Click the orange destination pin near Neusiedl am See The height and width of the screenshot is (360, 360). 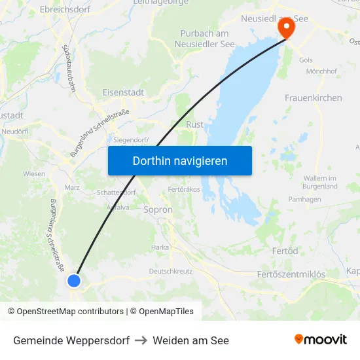click(286, 27)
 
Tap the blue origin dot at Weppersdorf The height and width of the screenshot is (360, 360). click(74, 281)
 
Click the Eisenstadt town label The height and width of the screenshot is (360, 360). click(123, 93)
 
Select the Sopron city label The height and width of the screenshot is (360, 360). click(158, 210)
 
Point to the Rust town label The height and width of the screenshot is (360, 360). click(195, 124)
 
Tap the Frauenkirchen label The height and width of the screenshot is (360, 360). click(313, 98)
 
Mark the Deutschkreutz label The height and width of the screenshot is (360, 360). click(170, 270)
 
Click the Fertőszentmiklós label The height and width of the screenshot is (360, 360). click(291, 273)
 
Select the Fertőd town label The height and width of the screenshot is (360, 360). click(285, 251)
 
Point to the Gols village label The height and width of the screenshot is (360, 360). click(306, 60)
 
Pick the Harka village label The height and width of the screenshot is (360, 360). click(160, 247)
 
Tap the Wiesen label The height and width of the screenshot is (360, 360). click(34, 174)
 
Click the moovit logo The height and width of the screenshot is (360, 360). click(321, 340)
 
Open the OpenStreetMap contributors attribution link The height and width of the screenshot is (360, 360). click(70, 312)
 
